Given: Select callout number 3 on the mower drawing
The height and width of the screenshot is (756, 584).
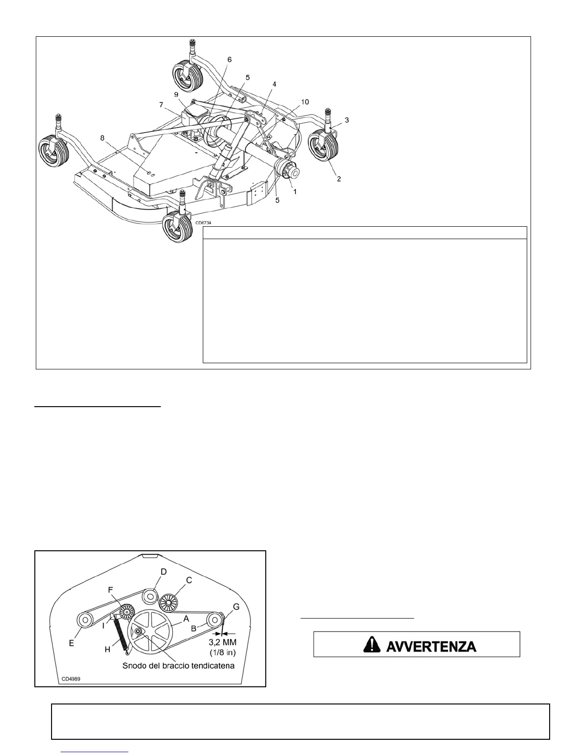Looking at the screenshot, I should click(x=347, y=120).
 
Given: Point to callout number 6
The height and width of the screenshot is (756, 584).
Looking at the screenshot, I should click(x=229, y=60).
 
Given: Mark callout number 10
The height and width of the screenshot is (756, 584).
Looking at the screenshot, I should click(x=305, y=102).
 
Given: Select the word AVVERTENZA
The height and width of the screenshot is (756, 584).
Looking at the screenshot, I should click(x=430, y=646).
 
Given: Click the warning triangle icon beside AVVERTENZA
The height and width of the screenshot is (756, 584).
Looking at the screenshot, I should click(x=371, y=645).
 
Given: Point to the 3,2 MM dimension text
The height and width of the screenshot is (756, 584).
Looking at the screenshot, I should click(x=223, y=643).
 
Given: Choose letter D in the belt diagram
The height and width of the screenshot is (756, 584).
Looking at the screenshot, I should click(x=163, y=572).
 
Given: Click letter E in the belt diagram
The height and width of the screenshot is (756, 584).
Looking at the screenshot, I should click(x=72, y=643).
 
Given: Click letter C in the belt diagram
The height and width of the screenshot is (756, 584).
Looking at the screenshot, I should click(x=189, y=580).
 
